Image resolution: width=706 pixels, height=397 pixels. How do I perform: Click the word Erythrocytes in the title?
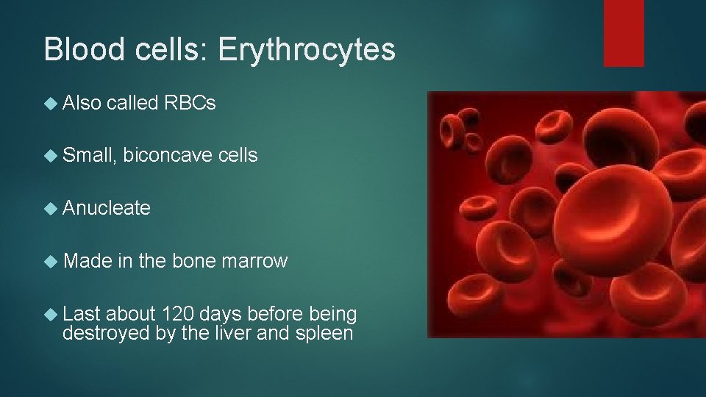tap(307, 50)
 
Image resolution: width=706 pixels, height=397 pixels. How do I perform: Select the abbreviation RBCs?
tap(190, 104)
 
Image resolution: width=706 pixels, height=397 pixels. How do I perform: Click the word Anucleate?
tap(107, 209)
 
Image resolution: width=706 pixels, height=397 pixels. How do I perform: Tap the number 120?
tap(179, 314)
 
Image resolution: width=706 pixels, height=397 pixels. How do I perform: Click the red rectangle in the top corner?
tap(624, 33)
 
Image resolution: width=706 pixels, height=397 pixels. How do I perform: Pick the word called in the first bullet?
tap(133, 104)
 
